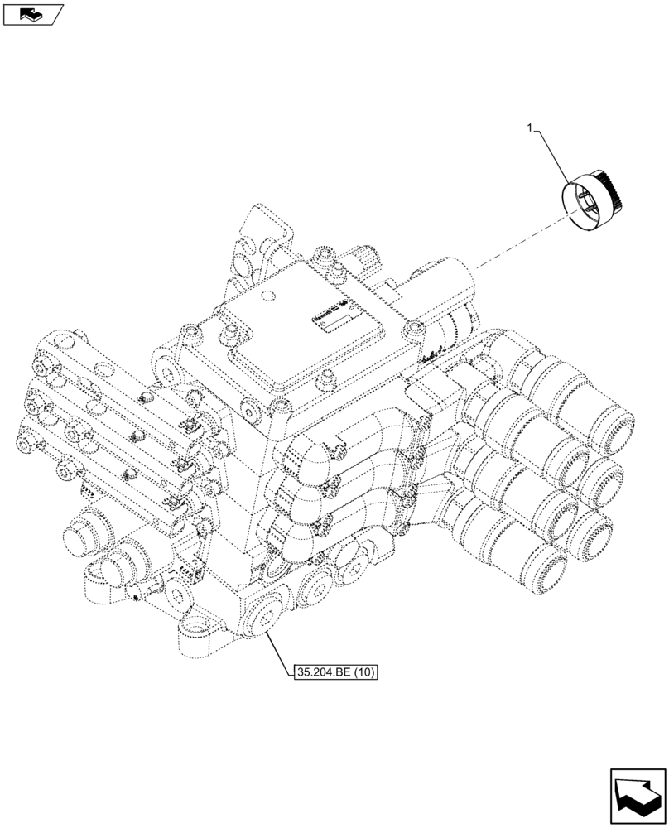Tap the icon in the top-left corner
(32, 13)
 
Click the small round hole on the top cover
(266, 296)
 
